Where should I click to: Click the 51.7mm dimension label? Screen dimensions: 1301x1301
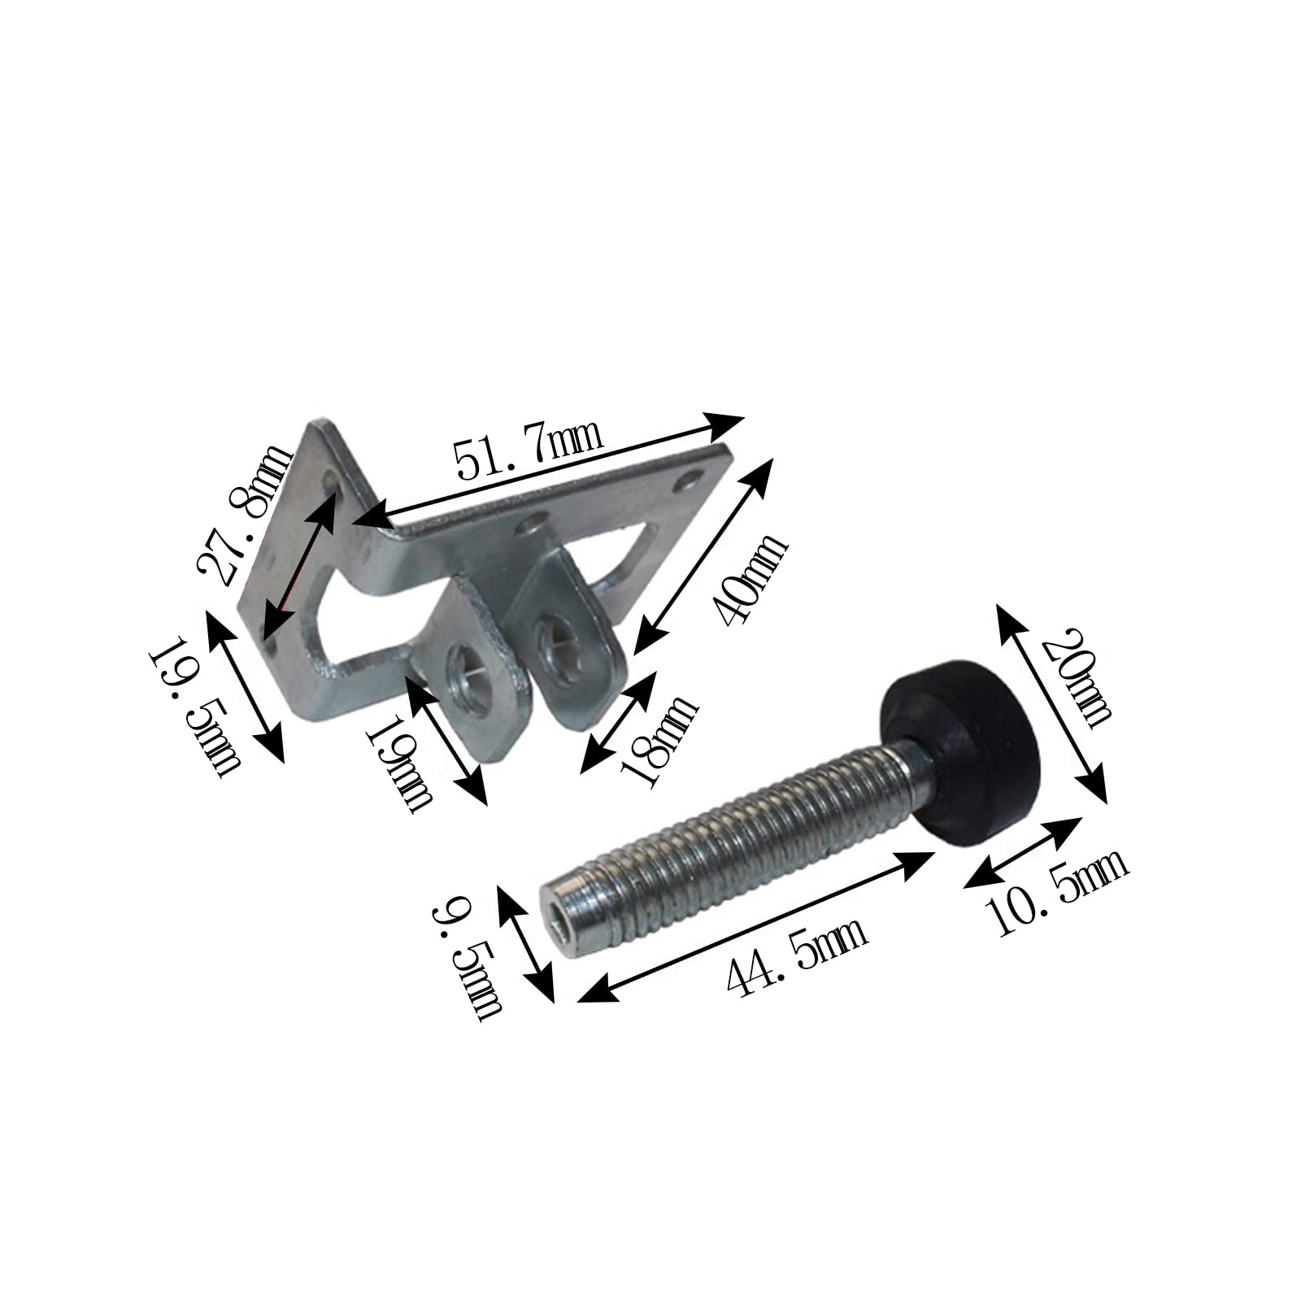[528, 457]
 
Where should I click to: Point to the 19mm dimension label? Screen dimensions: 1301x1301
[399, 760]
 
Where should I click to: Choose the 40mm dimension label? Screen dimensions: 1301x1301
[748, 577]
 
